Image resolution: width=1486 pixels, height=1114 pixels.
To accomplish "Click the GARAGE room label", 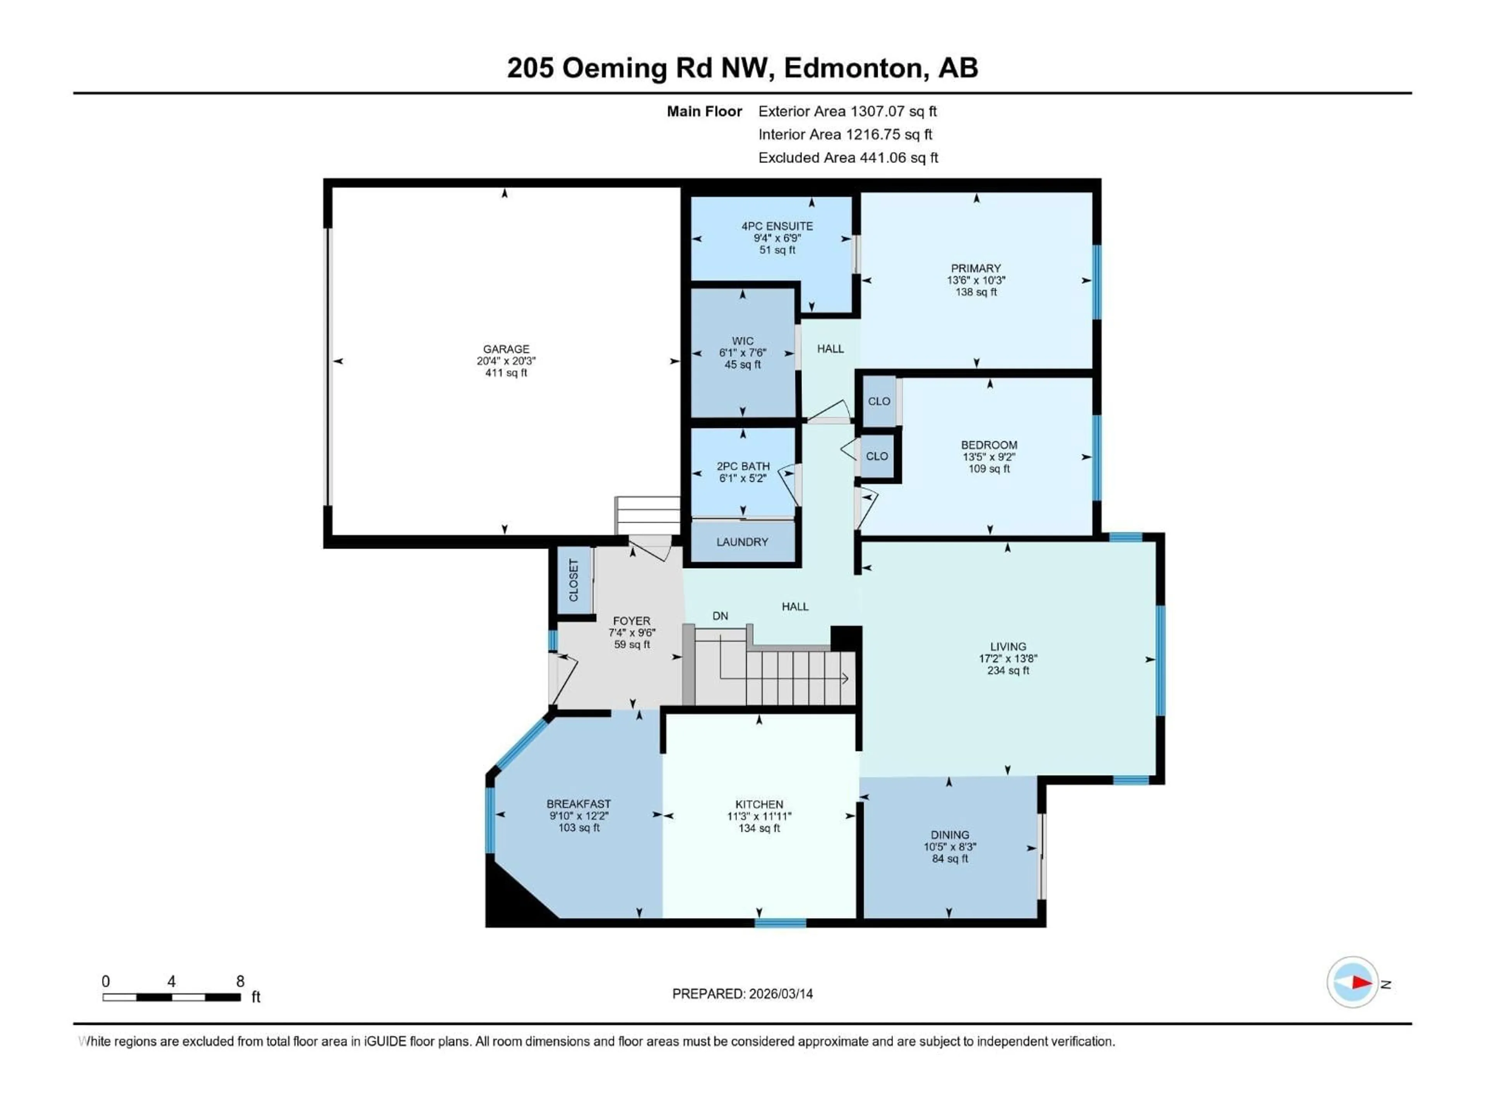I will coord(506,349).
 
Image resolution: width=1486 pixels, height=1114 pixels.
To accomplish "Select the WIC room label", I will coord(742,341).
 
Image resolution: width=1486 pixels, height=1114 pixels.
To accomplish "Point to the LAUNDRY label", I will coord(742,542).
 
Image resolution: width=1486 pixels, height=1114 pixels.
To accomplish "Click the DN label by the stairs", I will coord(720,616).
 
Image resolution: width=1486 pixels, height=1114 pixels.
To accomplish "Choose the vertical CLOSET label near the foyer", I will coord(574,580).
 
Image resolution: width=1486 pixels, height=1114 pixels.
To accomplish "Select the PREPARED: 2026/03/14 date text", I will coord(742,994).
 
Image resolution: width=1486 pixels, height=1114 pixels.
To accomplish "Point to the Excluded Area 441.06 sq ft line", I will coord(848,158).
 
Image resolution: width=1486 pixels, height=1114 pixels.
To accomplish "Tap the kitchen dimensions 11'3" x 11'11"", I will coord(759,816).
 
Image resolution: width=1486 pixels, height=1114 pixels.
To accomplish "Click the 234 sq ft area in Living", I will coord(1008,670).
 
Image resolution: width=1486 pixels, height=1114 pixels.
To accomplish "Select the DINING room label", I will coord(949,835).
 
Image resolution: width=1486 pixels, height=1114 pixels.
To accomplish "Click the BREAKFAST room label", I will coord(579,804).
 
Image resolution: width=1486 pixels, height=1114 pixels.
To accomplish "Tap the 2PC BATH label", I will coord(743,466).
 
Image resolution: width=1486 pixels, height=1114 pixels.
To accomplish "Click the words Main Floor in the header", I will coord(704,111).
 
